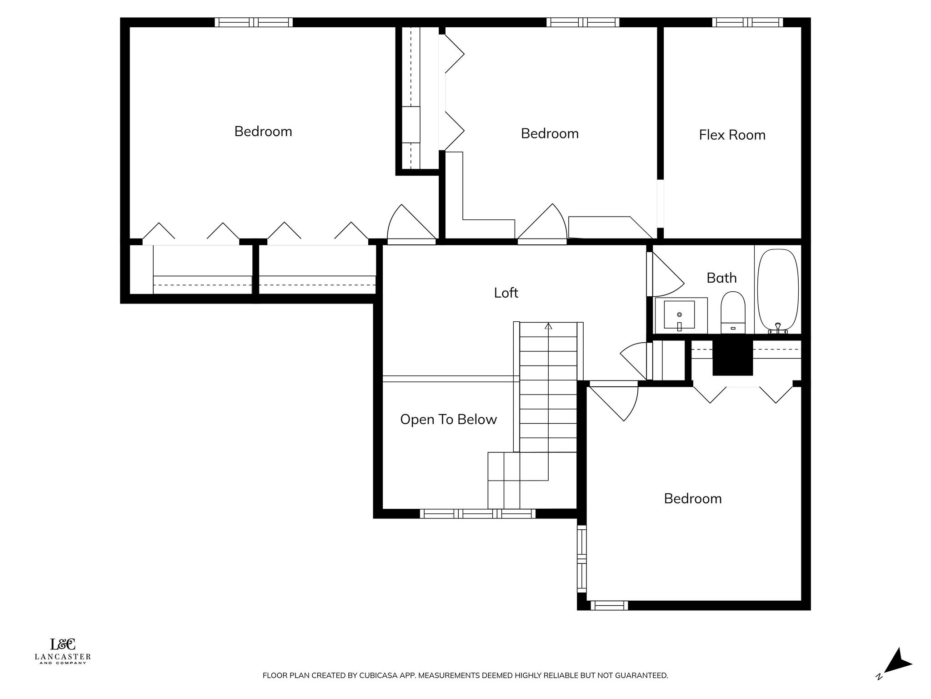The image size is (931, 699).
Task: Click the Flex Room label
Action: pyautogui.click(x=732, y=135)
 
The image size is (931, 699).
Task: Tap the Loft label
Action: pyautogui.click(x=506, y=293)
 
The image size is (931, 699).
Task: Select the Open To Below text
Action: pyautogui.click(x=448, y=419)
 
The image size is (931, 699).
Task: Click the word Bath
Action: pyautogui.click(x=721, y=278)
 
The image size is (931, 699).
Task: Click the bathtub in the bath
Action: pyautogui.click(x=778, y=290)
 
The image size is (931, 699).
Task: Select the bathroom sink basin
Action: pyautogui.click(x=679, y=314)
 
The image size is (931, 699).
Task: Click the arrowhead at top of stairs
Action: pyautogui.click(x=548, y=326)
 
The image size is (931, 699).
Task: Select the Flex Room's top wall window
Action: pyautogui.click(x=747, y=22)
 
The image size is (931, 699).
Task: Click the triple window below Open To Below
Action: pyautogui.click(x=477, y=514)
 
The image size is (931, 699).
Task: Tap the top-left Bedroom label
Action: pyautogui.click(x=263, y=132)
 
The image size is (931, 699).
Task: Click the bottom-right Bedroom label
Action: pyautogui.click(x=692, y=499)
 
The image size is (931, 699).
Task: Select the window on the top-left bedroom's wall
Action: pyautogui.click(x=254, y=22)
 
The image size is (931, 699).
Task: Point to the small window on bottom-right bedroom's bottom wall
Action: pyautogui.click(x=609, y=605)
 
